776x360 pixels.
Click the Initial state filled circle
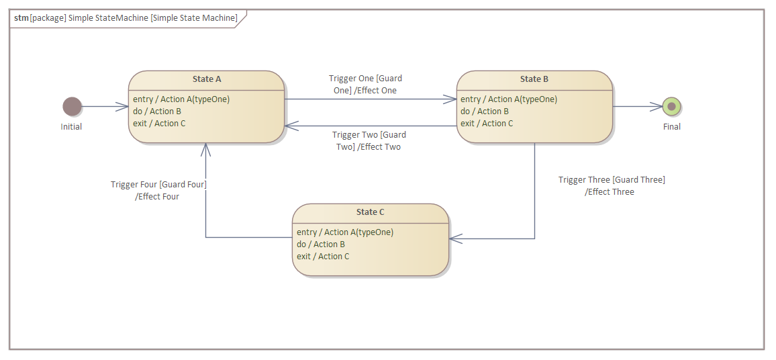72,106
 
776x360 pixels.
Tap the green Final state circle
671,106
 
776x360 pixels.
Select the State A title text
207,79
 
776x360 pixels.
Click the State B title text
534,79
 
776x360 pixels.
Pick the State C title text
370,212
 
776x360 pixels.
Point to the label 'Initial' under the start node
71,127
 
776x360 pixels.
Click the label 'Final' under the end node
671,127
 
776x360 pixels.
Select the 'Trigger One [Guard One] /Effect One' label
365,85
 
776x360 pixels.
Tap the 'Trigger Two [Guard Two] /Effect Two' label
369,141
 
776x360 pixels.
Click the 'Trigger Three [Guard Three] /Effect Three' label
611,185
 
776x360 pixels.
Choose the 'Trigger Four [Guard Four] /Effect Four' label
158,191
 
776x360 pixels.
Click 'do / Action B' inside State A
157,111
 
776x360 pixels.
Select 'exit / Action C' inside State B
487,124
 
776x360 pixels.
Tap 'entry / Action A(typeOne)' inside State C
345,232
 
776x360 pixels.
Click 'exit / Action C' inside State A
159,124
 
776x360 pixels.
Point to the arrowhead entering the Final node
657,106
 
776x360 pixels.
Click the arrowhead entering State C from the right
455,238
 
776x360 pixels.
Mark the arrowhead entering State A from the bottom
205,148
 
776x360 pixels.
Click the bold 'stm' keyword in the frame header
21,18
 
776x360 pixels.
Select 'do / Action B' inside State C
321,244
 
